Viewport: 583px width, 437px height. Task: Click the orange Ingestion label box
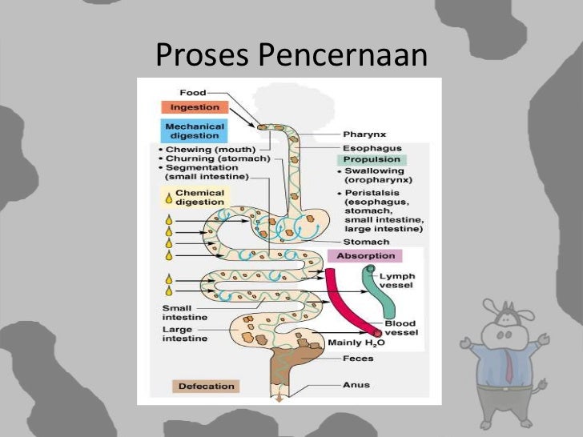[x=195, y=107]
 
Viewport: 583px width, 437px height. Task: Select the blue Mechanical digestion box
[x=194, y=130]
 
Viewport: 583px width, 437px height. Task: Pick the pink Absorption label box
[x=364, y=256]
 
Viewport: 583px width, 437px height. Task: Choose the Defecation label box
[x=206, y=387]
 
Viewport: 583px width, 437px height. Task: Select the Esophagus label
[x=367, y=147]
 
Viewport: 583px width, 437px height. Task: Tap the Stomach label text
[x=367, y=242]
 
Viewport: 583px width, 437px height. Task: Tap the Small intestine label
[x=184, y=313]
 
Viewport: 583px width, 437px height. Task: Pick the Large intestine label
[x=184, y=334]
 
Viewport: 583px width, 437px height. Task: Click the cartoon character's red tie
[x=508, y=367]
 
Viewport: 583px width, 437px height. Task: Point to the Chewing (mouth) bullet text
[x=208, y=149]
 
